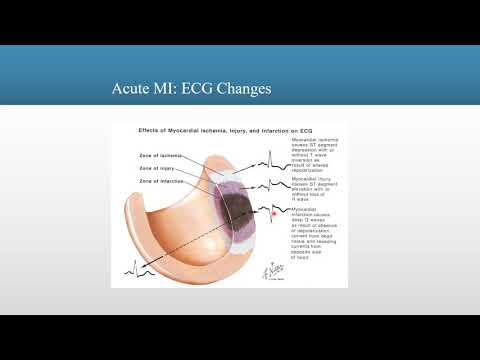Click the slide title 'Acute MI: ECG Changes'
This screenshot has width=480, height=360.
[191, 90]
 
